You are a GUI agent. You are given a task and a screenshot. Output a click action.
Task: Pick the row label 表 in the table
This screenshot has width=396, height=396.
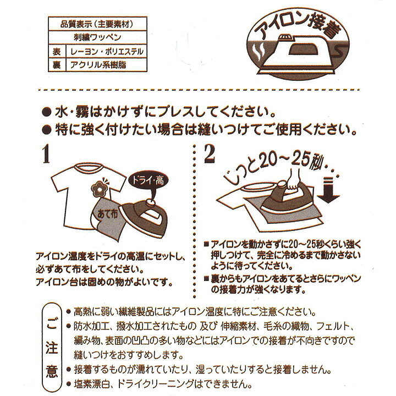56,51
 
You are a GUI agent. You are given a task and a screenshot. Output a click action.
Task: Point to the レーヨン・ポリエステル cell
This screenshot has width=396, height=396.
105,51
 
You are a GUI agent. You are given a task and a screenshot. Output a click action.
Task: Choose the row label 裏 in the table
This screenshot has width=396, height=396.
56,64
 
